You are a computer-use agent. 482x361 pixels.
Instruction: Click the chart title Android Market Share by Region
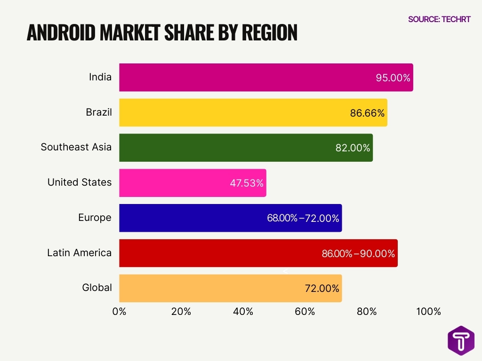click(162, 32)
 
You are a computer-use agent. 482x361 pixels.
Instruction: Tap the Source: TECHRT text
click(439, 19)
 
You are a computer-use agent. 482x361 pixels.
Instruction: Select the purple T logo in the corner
click(461, 340)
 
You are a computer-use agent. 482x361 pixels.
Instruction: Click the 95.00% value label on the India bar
click(393, 78)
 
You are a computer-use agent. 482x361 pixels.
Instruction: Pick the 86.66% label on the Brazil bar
click(367, 113)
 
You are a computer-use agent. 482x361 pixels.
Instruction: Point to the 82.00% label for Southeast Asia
click(353, 148)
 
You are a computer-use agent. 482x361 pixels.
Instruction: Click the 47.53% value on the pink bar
click(247, 183)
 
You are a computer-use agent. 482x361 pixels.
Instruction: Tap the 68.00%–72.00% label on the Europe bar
click(303, 218)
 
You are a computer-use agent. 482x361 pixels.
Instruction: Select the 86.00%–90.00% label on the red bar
click(358, 253)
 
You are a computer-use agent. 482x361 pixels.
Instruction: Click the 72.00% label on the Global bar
click(322, 288)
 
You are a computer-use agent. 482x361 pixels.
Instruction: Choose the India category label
click(100, 77)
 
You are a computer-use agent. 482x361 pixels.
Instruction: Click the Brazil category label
click(99, 112)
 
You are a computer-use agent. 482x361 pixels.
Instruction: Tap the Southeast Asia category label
click(76, 147)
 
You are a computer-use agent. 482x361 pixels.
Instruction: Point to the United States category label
click(80, 182)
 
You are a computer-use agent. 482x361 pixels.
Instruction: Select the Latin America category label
click(80, 253)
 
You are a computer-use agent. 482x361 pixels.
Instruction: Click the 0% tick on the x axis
click(120, 311)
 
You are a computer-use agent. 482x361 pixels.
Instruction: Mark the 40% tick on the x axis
click(243, 311)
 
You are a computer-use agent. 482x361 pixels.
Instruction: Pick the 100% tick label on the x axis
click(428, 311)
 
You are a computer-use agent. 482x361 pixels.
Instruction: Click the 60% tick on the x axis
click(305, 311)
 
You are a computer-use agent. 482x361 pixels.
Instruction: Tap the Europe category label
click(95, 218)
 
